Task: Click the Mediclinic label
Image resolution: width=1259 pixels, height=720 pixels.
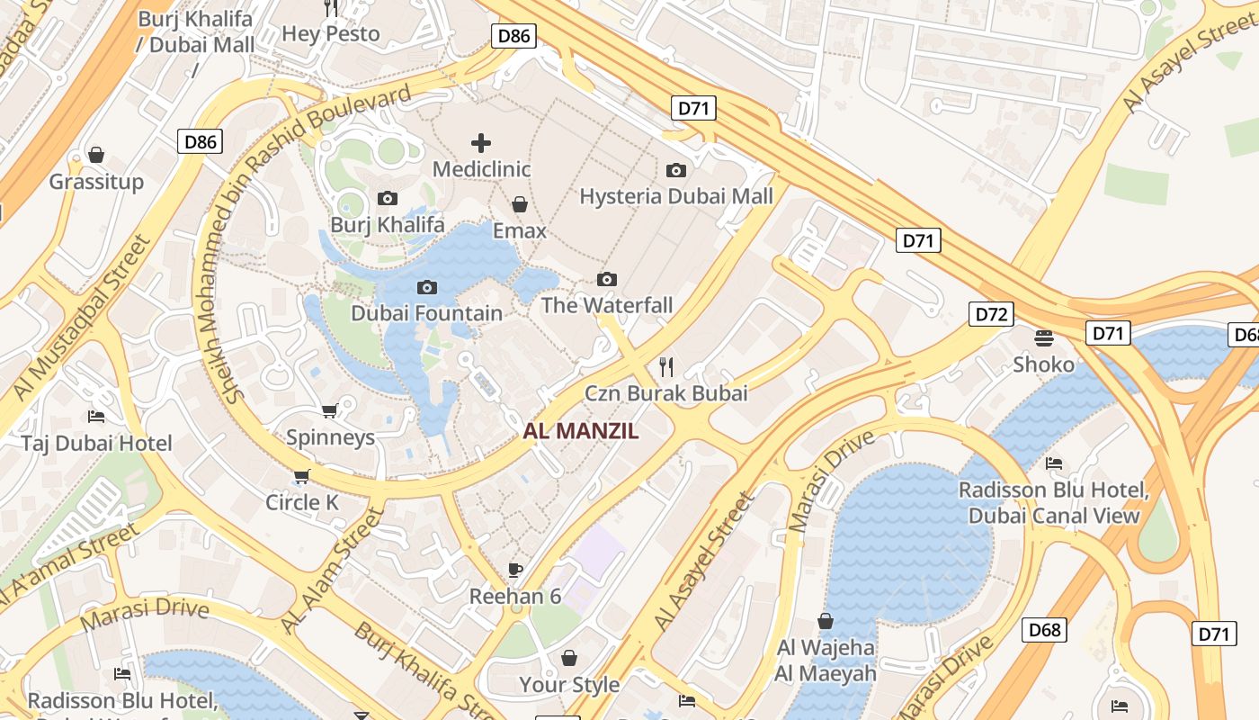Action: point(481,169)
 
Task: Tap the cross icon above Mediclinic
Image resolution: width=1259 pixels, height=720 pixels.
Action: point(481,142)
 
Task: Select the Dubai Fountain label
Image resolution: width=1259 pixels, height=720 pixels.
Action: point(426,313)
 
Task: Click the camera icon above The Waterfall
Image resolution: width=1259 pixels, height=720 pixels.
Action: point(607,279)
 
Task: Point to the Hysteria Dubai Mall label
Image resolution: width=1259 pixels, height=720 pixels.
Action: point(676,196)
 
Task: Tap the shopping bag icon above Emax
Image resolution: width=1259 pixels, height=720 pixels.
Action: point(520,204)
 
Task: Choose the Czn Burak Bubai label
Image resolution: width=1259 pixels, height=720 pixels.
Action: point(666,393)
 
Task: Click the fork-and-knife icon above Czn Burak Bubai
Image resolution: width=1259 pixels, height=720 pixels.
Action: point(666,366)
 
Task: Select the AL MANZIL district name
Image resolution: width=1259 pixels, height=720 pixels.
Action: point(581,431)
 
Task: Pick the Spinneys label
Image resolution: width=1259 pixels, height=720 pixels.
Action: point(330,438)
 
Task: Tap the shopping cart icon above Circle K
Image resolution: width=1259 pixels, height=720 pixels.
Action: point(302,475)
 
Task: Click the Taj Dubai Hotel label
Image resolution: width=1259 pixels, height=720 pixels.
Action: point(97,444)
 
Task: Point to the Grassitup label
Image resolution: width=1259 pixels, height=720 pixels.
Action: point(96,182)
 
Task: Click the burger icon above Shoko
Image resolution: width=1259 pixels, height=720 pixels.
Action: point(1044,337)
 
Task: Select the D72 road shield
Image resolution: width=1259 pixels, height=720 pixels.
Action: point(991,314)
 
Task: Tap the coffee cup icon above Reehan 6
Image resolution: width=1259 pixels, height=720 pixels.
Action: point(515,569)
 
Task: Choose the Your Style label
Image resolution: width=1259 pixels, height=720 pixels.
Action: point(569,685)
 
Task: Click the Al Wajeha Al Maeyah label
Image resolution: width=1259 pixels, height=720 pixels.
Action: point(826,661)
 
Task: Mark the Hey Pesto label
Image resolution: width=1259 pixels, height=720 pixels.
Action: point(331,34)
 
